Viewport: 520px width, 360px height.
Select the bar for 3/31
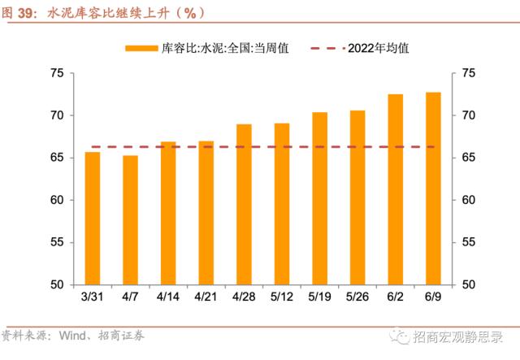[x=93, y=218]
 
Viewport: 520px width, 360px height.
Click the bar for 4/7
[x=130, y=219]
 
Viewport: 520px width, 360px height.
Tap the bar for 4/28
[x=244, y=204]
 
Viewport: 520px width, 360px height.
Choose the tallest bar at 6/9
[x=433, y=189]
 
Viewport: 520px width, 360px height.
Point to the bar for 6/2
[x=396, y=189]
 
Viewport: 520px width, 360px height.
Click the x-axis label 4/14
[x=168, y=297]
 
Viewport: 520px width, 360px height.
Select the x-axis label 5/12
[x=282, y=297]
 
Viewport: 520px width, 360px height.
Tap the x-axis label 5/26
[x=357, y=297]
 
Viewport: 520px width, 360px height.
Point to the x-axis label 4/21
[x=206, y=297]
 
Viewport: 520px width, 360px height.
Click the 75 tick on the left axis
[x=56, y=73]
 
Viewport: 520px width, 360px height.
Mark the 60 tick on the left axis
[x=56, y=200]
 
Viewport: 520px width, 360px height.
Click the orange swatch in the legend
[x=140, y=48]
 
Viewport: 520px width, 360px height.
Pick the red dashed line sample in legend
[x=327, y=48]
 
